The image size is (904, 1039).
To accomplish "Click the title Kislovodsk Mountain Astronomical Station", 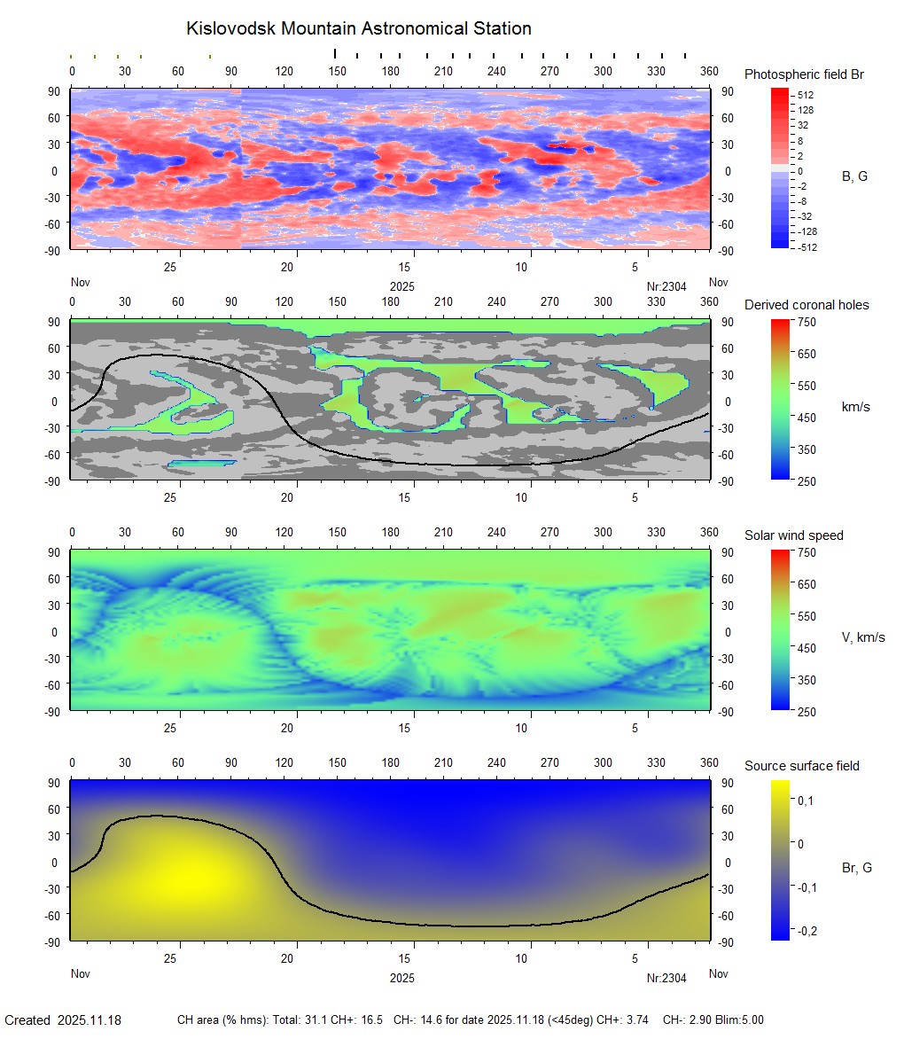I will [358, 29].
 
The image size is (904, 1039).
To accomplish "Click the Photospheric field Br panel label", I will [804, 74].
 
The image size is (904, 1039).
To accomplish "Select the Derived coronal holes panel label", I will [807, 305].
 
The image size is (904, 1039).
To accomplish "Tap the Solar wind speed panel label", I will [794, 535].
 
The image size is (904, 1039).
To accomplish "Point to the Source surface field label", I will [802, 766].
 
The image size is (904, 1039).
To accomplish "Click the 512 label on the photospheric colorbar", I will [806, 95].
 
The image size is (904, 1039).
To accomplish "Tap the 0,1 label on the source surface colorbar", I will [807, 801].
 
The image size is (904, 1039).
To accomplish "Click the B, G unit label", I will [854, 176].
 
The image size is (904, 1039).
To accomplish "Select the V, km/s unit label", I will [863, 637].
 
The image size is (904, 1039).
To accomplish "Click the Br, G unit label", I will [857, 868].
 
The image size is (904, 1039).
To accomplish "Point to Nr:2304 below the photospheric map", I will [666, 286].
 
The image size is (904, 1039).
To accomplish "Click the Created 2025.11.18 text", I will [63, 1020].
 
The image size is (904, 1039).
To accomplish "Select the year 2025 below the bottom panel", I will [402, 978].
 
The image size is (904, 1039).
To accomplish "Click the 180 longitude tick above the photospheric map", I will [391, 71].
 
